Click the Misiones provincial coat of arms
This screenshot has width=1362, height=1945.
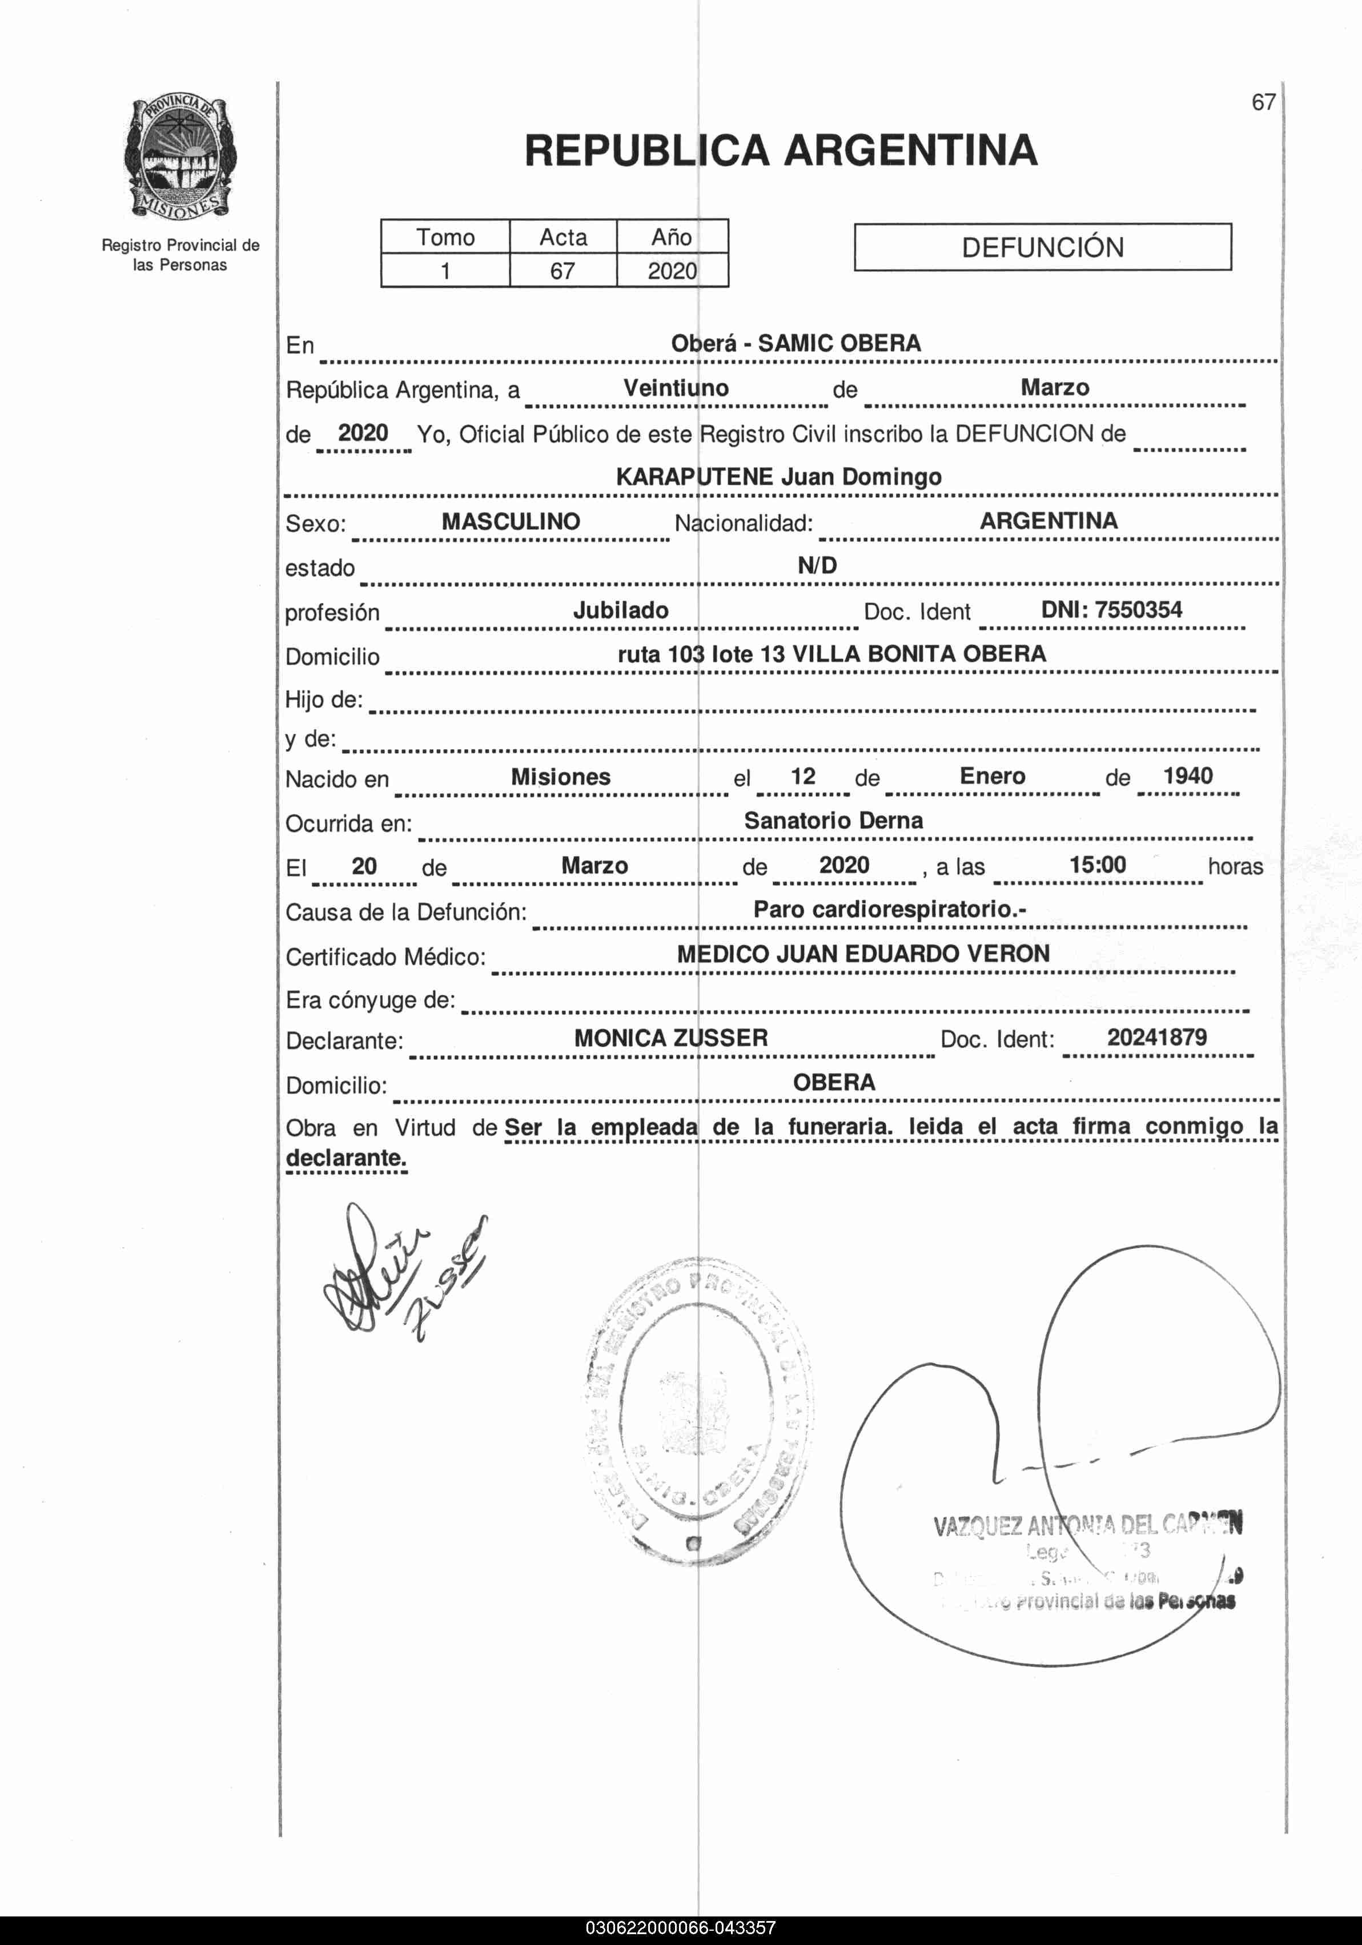[x=179, y=158]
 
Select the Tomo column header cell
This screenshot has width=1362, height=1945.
[x=445, y=237]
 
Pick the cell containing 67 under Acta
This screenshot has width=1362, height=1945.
[x=563, y=271]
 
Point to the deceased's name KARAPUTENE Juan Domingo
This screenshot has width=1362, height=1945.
[x=778, y=477]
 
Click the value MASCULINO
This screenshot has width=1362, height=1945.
[x=511, y=522]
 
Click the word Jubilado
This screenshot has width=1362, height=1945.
[x=621, y=611]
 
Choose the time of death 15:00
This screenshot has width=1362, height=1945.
[x=1098, y=865]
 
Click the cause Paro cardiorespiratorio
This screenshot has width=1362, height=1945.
[x=889, y=910]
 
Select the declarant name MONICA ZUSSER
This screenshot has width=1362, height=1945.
[x=671, y=1039]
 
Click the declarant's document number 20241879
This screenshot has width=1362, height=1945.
[x=1157, y=1038]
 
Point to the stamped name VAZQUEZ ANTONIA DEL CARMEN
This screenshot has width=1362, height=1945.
[x=1087, y=1526]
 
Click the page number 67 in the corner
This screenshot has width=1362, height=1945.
[x=1263, y=102]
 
